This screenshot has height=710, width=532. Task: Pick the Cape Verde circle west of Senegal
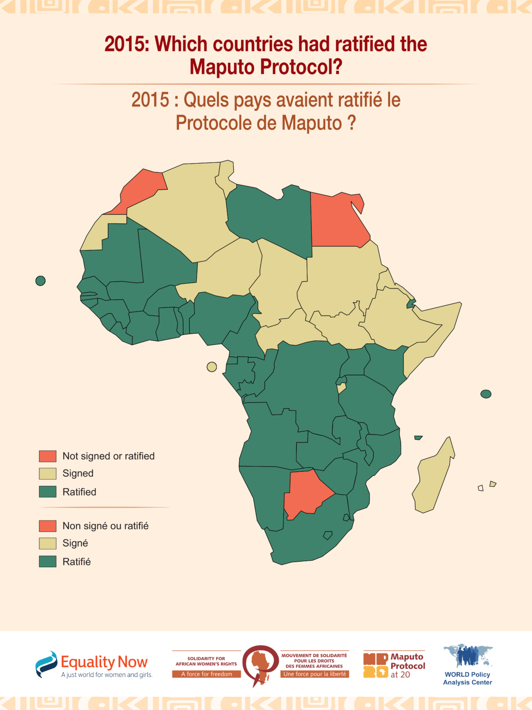(41, 281)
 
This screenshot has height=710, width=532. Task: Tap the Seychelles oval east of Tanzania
(486, 394)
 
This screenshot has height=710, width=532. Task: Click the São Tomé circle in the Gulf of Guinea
(212, 367)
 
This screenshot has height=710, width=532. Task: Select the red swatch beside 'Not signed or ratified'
(48, 456)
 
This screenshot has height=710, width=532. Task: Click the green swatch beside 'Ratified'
(48, 492)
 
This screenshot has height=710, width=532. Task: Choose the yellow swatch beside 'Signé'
(48, 543)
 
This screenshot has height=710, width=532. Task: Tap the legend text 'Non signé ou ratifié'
(105, 526)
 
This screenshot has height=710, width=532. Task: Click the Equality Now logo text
(104, 662)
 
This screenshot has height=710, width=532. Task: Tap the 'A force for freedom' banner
(206, 674)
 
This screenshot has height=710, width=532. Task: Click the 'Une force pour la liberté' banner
(314, 674)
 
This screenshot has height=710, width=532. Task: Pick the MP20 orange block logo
(375, 665)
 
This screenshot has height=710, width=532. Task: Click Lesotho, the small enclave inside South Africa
(327, 535)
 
